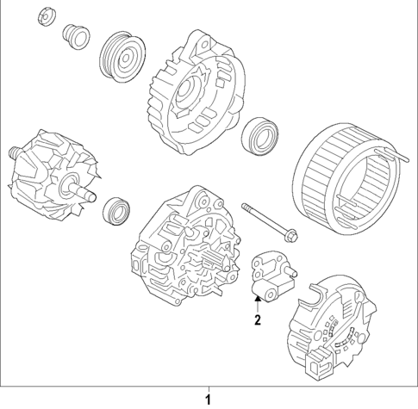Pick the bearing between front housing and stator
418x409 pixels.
click(x=258, y=135)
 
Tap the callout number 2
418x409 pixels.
click(x=256, y=322)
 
